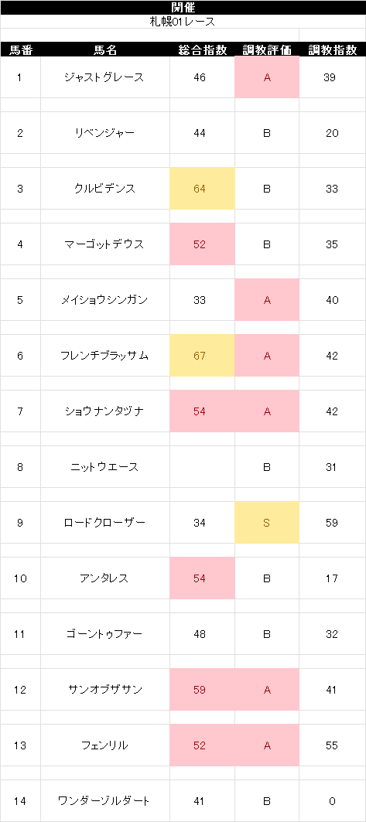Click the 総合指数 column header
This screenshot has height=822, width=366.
tap(203, 49)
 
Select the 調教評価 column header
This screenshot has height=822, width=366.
tap(267, 49)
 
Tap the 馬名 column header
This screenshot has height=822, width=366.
tap(105, 49)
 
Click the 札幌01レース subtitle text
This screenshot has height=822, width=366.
tap(183, 22)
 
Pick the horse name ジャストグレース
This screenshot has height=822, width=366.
tap(104, 77)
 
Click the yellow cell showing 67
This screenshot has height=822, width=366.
tap(202, 356)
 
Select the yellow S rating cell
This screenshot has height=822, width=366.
tap(267, 522)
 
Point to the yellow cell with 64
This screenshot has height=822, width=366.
tap(202, 189)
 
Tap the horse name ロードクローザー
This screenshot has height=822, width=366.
tap(104, 523)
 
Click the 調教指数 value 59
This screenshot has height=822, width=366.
tap(331, 523)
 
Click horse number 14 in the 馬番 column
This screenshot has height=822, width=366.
tap(20, 800)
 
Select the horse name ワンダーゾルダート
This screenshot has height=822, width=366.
tap(104, 800)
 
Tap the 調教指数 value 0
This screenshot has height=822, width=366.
tap(332, 800)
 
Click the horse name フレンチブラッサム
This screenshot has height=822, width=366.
tap(104, 356)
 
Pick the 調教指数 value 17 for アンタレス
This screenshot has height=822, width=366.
tap(331, 578)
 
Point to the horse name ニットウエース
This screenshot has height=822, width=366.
tap(104, 466)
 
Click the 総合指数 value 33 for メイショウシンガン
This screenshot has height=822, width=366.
tap(200, 300)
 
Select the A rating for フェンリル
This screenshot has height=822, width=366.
tap(267, 745)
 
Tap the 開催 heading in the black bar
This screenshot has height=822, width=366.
tap(183, 7)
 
